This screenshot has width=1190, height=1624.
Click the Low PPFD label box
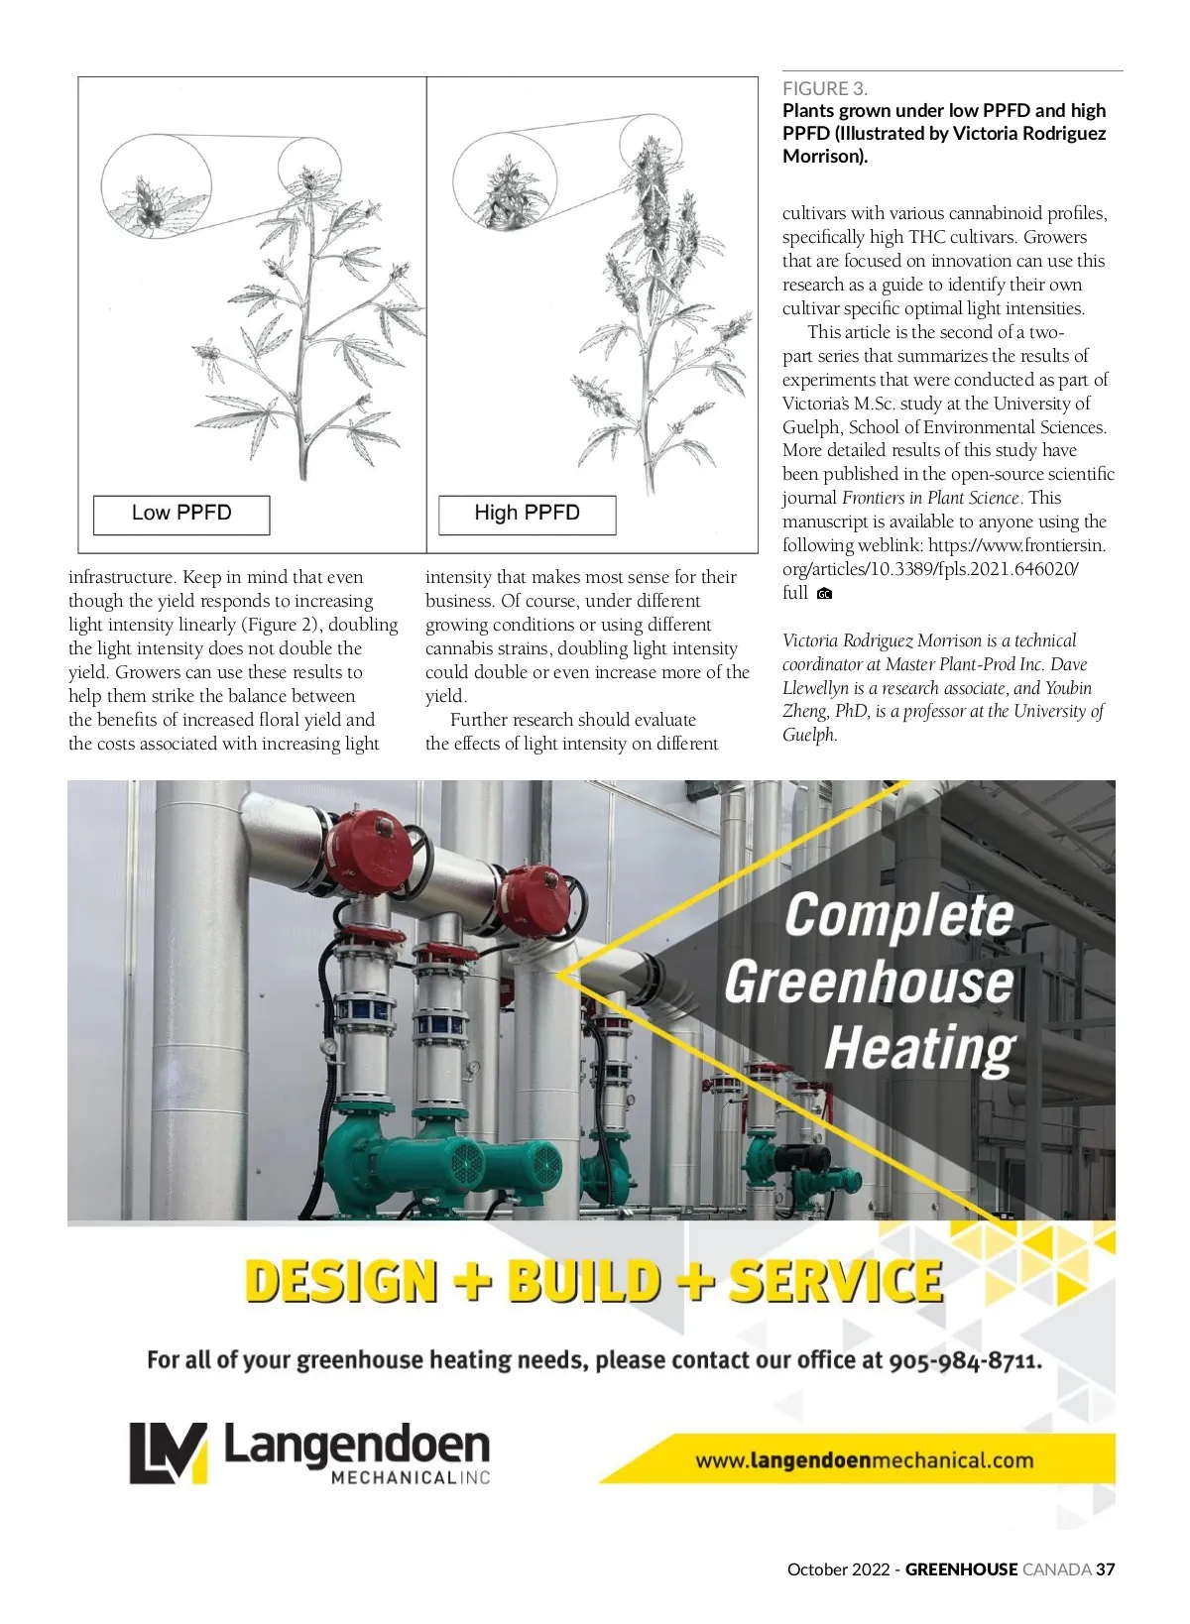(181, 514)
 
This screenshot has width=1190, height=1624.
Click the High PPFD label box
(527, 514)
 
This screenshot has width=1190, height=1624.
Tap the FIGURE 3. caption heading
(824, 88)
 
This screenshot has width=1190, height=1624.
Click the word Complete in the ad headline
(899, 914)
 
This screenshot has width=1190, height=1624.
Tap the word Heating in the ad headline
(919, 1049)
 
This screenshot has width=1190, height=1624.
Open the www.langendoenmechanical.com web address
(864, 1460)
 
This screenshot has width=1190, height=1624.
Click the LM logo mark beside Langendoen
(169, 1452)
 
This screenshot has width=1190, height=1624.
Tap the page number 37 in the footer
(1105, 1569)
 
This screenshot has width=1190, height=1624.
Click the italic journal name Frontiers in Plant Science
(930, 498)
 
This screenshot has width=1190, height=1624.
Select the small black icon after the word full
(824, 594)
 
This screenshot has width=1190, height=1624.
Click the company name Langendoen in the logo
(357, 1445)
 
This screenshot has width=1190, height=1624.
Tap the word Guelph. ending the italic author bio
(810, 736)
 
